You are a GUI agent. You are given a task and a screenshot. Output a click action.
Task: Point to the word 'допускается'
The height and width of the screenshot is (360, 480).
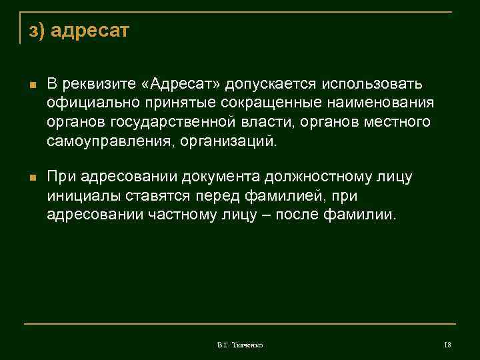[x=271, y=85]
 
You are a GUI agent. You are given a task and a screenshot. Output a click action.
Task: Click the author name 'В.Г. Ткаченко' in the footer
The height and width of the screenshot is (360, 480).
[x=240, y=345]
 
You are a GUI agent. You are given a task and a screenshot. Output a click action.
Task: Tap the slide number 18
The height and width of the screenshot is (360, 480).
[x=447, y=345]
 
